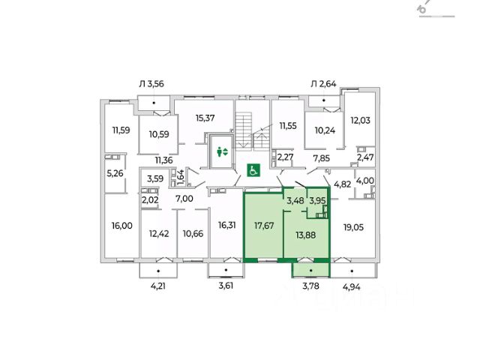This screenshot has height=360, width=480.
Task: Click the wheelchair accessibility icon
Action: pyautogui.click(x=253, y=169)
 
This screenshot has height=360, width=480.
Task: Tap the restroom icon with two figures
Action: pyautogui.click(x=221, y=152)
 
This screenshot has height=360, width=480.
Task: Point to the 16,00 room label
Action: pyautogui.click(x=120, y=224)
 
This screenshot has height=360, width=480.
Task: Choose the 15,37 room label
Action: pyautogui.click(x=206, y=118)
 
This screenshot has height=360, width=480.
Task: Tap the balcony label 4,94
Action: pyautogui.click(x=353, y=286)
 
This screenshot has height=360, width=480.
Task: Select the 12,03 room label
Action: pyautogui.click(x=361, y=121)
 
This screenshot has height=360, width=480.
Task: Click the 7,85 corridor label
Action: pyautogui.click(x=322, y=158)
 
